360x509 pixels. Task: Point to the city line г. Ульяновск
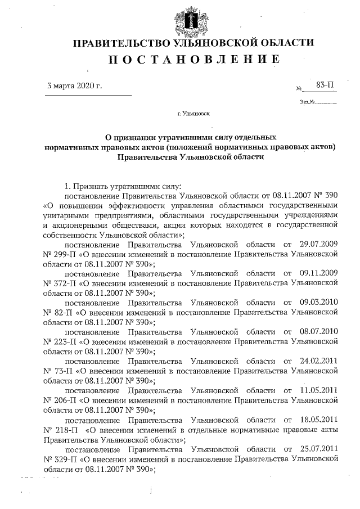click(x=193, y=114)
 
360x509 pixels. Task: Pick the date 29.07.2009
click(x=317, y=245)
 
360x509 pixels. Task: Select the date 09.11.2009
click(x=317, y=274)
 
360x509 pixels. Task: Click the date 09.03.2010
click(x=317, y=303)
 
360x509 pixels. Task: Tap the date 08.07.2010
click(x=317, y=332)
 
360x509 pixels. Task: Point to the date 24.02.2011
click(x=317, y=361)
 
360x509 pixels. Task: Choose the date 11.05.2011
click(x=317, y=390)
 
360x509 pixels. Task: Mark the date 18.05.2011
click(x=317, y=420)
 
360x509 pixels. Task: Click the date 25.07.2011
click(x=317, y=449)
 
